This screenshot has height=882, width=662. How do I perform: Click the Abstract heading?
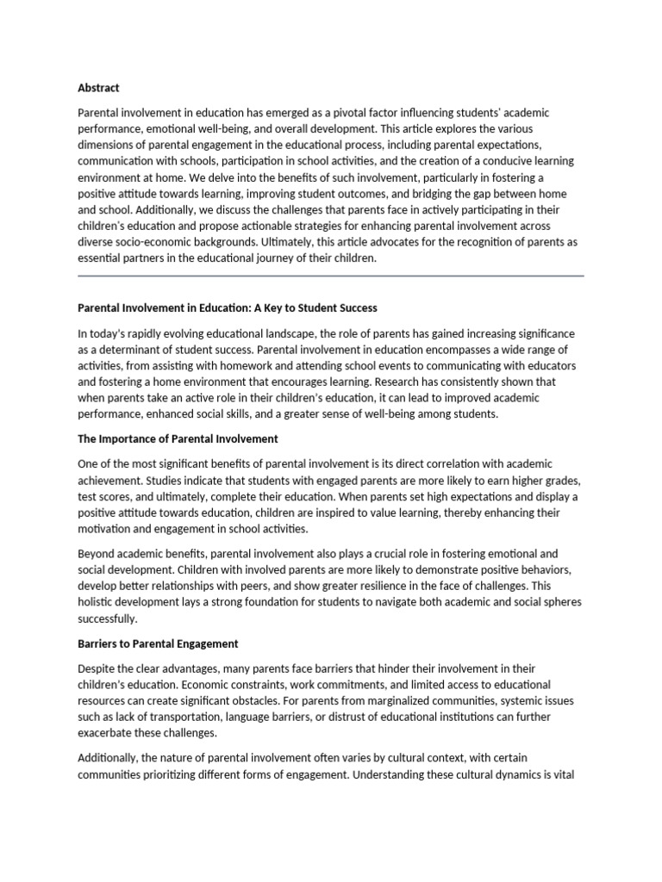click(x=98, y=88)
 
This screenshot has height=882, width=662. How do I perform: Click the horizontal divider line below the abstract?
click(x=330, y=276)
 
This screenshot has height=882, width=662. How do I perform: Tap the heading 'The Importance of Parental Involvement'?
click(x=178, y=438)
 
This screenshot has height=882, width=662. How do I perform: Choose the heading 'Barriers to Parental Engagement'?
click(x=158, y=643)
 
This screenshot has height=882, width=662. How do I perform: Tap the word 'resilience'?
click(x=373, y=586)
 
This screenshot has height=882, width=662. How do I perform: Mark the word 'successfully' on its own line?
click(x=107, y=618)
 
